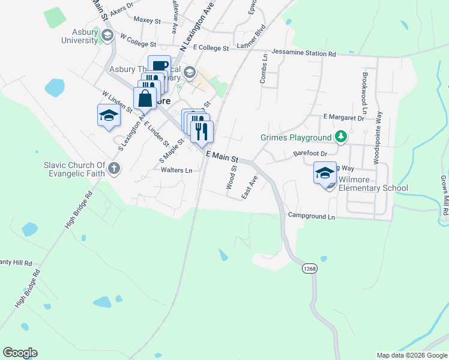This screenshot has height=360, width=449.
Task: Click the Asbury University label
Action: tap(79, 36)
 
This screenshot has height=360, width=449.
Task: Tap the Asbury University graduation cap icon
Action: tap(107, 35)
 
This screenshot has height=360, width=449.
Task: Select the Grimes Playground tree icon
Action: tap(341, 137)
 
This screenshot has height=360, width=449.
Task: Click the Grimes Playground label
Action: tap(297, 137)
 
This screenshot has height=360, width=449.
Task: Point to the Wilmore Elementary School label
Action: tap(373, 184)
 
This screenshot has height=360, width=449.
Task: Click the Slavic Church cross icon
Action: tap(115, 170)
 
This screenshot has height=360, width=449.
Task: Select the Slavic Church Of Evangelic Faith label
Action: tap(74, 170)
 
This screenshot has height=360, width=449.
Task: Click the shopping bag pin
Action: tap(145, 98)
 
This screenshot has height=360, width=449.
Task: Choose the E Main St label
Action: tap(222, 157)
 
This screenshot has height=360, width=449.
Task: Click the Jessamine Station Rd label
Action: tap(304, 53)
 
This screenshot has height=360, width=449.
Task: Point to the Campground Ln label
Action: tap(310, 215)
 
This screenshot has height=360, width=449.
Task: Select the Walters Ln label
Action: tap(176, 170)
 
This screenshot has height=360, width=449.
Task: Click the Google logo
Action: tap(20, 353)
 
